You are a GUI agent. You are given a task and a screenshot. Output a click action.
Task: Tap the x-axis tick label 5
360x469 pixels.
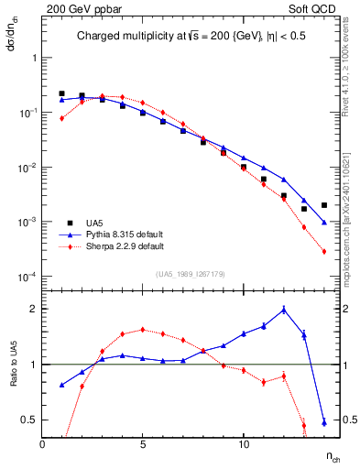click(x=143, y=444)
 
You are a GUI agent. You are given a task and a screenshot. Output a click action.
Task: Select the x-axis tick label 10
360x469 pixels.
click(x=244, y=444)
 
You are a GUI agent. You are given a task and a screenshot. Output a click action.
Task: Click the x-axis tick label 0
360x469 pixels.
click(x=43, y=444)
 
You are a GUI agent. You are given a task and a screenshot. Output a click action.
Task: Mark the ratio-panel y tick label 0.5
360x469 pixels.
click(x=27, y=420)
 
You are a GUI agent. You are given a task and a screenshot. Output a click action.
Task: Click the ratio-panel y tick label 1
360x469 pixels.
click(x=32, y=365)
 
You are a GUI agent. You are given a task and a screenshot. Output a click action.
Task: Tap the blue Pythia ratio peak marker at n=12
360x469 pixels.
click(x=284, y=310)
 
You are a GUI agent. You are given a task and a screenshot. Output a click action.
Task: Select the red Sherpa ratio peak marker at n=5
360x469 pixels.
click(x=143, y=329)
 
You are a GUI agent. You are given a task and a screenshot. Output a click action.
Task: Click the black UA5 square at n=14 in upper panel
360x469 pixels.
click(x=324, y=205)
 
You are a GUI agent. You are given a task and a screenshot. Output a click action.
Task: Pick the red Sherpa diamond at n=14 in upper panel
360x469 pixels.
click(x=324, y=251)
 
